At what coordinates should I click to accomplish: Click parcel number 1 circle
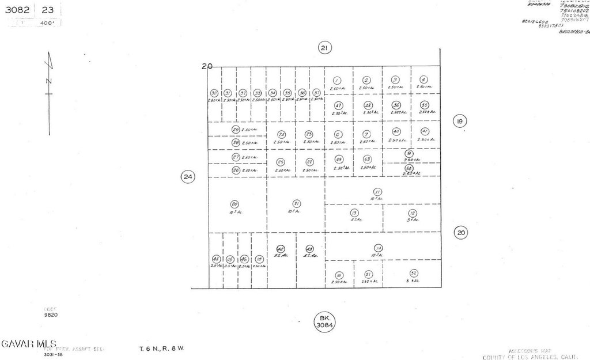click(337, 81)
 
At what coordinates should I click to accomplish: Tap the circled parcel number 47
click(338, 105)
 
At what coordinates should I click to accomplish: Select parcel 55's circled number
click(425, 105)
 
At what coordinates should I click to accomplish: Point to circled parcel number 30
click(214, 93)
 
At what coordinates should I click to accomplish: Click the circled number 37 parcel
click(316, 93)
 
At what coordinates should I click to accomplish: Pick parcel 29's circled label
click(236, 130)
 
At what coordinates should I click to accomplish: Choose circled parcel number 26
click(236, 170)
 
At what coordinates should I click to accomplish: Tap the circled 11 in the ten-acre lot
click(377, 192)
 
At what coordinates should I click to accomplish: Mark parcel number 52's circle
click(414, 273)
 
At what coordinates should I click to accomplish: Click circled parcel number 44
click(215, 259)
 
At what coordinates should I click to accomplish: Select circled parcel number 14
click(378, 248)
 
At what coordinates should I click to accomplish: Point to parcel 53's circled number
click(367, 159)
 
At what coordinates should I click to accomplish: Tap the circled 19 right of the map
click(459, 122)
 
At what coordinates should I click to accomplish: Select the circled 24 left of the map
click(187, 177)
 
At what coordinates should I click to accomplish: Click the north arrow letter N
click(49, 81)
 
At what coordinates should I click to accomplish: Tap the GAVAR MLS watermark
click(28, 344)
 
